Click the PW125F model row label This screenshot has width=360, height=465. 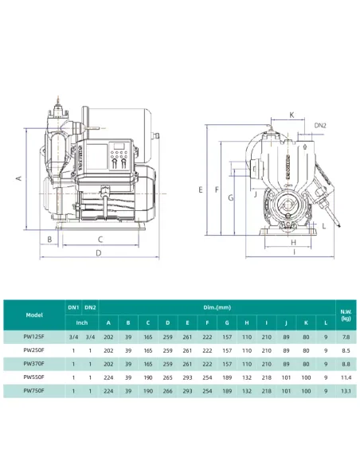pyautogui.click(x=34, y=337)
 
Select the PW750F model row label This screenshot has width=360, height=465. pyautogui.click(x=34, y=391)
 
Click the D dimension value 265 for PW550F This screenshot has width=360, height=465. pyautogui.click(x=167, y=377)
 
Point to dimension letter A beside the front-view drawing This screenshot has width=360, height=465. pyautogui.click(x=18, y=180)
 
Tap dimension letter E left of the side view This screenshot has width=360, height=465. pyautogui.click(x=202, y=190)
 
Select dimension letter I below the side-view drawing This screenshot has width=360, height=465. pyautogui.click(x=293, y=253)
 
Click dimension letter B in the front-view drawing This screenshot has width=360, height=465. pyautogui.click(x=49, y=238)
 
